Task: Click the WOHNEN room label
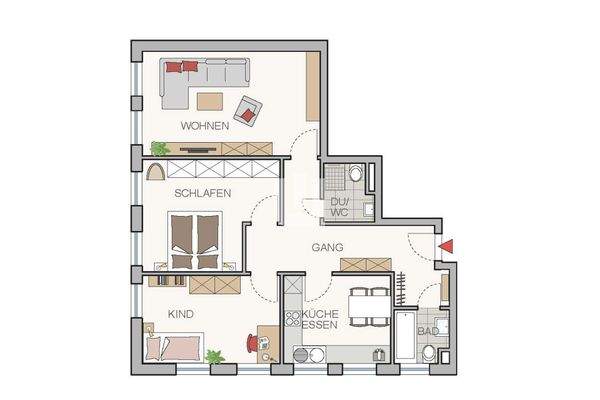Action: (x=205, y=126)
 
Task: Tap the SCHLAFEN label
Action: (x=203, y=193)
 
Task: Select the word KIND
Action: (x=180, y=314)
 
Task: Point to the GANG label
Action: (x=328, y=246)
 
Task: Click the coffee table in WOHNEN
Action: (x=211, y=100)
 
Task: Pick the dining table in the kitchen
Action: (x=368, y=306)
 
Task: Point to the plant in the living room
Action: (x=160, y=148)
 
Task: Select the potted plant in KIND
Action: (x=213, y=356)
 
